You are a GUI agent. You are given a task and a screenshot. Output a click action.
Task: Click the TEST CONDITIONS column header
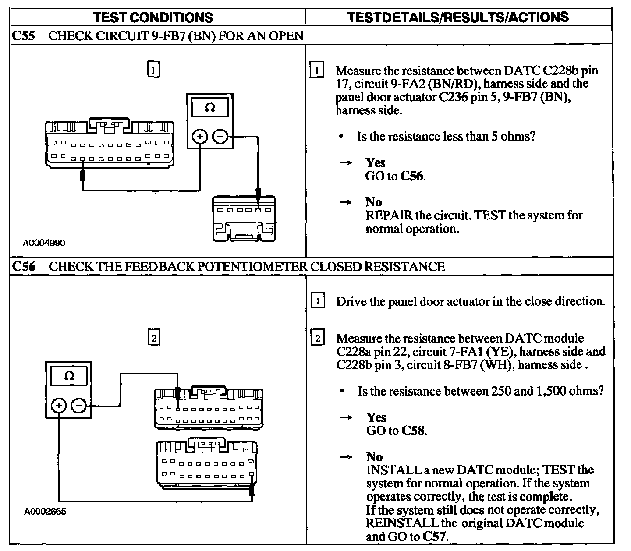pos(153,18)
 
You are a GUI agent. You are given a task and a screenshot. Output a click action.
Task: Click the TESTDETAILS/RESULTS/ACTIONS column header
pos(458,18)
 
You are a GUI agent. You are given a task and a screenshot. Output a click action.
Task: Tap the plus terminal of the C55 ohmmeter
pos(200,137)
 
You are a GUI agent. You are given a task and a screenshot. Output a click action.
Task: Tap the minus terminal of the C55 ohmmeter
pos(220,137)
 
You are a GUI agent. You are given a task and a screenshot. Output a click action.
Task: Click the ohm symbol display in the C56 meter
pos(69,376)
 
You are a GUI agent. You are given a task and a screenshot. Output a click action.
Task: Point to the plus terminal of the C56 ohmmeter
pos(58,406)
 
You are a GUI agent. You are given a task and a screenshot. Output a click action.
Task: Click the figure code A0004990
pos(44,243)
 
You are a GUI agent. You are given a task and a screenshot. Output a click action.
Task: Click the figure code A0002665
pos(45,512)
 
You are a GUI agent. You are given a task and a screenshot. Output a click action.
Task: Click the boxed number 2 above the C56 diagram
pos(153,338)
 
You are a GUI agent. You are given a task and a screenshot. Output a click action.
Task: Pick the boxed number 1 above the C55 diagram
pos(153,70)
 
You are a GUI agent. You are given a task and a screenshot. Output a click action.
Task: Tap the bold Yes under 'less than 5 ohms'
pos(375,162)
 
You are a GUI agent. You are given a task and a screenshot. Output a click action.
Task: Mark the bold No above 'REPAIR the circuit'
pos(373,202)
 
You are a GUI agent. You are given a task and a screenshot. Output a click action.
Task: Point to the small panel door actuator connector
pos(244,219)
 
